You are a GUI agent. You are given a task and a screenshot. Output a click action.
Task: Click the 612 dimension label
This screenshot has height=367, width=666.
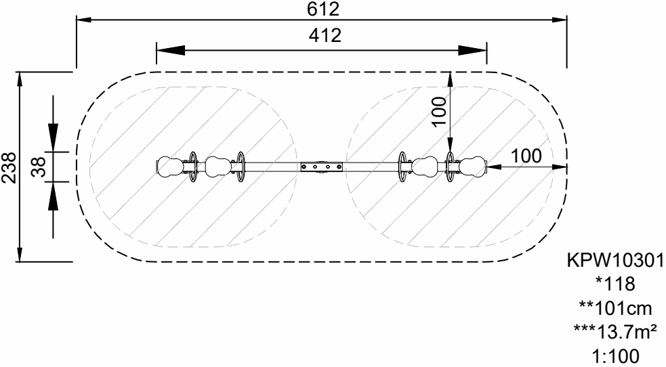pyautogui.click(x=323, y=9)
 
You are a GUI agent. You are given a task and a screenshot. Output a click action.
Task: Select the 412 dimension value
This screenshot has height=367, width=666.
pyautogui.click(x=325, y=36)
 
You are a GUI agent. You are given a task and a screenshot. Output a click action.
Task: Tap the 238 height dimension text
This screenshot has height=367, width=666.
pyautogui.click(x=9, y=167)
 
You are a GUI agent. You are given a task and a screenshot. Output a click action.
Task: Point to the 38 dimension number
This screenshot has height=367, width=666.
pyautogui.click(x=38, y=167)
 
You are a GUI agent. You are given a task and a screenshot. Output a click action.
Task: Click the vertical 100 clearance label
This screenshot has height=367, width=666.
pyautogui.click(x=439, y=112)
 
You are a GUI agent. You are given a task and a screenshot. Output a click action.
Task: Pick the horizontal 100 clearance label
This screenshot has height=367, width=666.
pyautogui.click(x=526, y=156)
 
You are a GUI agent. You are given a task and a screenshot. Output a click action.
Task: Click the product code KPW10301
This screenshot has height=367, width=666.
pyautogui.click(x=615, y=260)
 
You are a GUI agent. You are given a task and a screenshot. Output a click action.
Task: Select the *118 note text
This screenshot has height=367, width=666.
pyautogui.click(x=615, y=284)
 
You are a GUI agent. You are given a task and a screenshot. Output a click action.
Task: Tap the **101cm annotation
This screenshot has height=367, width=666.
pyautogui.click(x=615, y=308)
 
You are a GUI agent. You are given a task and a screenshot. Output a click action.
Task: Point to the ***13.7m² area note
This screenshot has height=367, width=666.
pyautogui.click(x=615, y=332)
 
